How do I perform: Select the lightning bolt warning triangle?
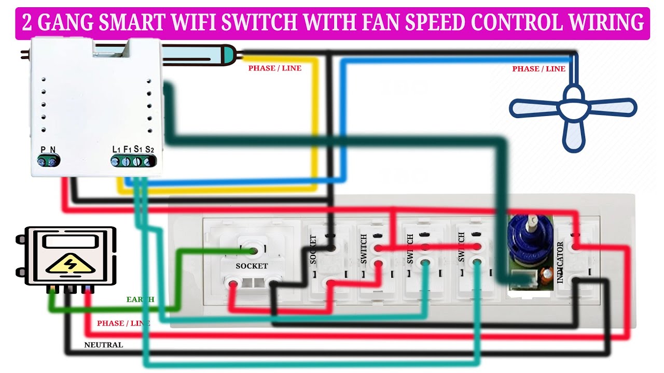[x=70, y=264]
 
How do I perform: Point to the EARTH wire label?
[x=140, y=299]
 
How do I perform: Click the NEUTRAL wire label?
[x=103, y=345]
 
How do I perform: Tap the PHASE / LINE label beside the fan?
[x=538, y=69]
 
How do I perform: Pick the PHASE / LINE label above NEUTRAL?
[x=123, y=323]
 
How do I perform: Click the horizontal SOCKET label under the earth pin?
[x=252, y=266]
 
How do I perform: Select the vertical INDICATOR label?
[x=560, y=262]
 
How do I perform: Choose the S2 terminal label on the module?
[x=149, y=150]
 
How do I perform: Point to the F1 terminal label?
[x=127, y=150]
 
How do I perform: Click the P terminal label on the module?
[x=43, y=150]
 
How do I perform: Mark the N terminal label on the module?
[x=52, y=150]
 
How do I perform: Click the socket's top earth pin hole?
[x=253, y=251]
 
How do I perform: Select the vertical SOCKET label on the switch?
[x=313, y=250]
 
